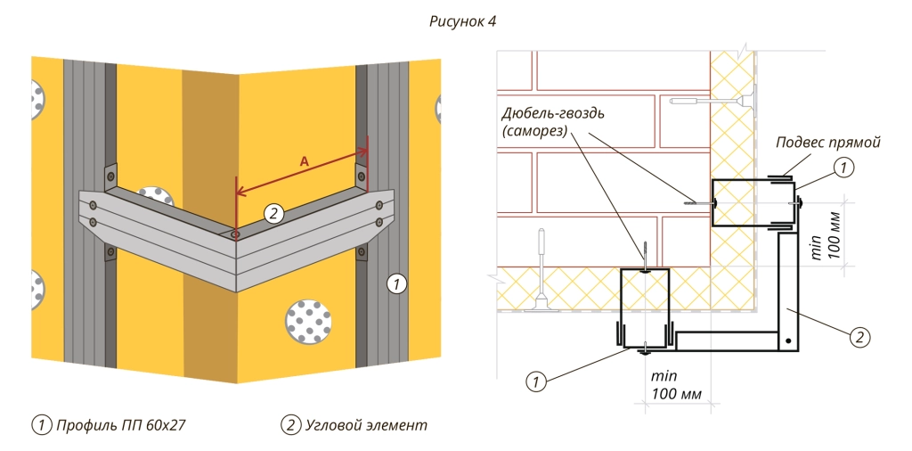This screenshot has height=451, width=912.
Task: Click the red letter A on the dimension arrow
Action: (x=304, y=161)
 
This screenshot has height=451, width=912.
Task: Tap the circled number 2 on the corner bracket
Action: (x=274, y=212)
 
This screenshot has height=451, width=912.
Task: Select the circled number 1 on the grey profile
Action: (x=395, y=284)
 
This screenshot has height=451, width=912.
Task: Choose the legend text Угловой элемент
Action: (x=366, y=425)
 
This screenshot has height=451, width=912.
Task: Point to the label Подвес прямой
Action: (x=827, y=142)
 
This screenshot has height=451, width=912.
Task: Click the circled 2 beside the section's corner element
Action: (x=859, y=336)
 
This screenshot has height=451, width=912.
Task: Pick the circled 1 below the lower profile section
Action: (x=535, y=381)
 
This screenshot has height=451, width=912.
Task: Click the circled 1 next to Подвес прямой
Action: (x=842, y=165)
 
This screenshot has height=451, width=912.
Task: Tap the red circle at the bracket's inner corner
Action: (x=234, y=234)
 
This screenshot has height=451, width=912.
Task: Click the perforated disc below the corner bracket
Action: (x=309, y=322)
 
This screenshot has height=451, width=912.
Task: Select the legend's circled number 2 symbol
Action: (x=289, y=425)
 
